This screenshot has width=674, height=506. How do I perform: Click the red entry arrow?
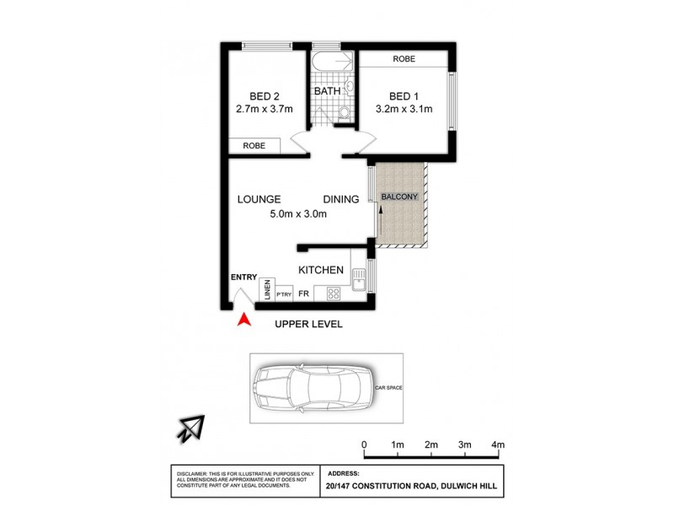[244, 320]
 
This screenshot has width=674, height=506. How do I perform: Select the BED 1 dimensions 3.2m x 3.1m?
[403, 109]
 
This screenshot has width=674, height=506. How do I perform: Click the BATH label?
[328, 90]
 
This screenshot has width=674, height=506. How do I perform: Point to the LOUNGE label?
[258, 199]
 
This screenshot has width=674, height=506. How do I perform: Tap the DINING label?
[340, 199]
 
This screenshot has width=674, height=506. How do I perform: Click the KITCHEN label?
[321, 270]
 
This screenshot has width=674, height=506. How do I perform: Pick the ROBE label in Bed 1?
[404, 59]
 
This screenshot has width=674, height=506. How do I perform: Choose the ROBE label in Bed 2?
[254, 146]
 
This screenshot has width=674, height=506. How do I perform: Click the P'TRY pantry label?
[283, 294]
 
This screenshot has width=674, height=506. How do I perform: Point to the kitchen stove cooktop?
[333, 293]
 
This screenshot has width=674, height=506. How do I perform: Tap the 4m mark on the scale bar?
[497, 444]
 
